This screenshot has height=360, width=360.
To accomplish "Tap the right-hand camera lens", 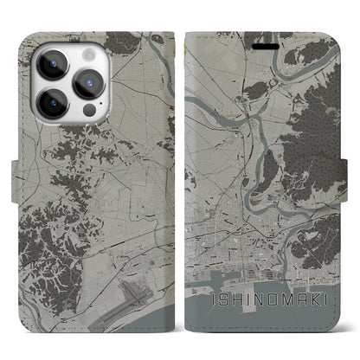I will coord(91,84).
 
